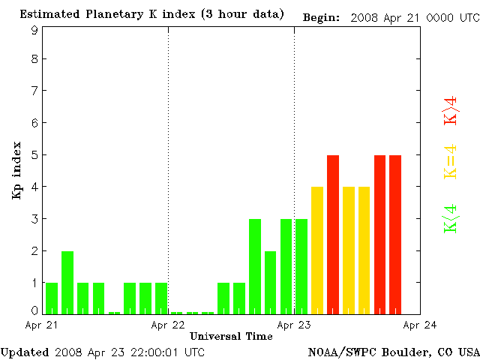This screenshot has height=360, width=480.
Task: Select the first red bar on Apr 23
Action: pos(333,234)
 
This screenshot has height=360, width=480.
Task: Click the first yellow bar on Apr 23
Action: pos(317,250)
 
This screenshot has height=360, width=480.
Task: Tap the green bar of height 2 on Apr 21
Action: pos(67,282)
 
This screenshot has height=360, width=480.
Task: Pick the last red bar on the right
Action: pos(395,234)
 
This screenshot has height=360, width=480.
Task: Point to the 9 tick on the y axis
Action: pos(34,30)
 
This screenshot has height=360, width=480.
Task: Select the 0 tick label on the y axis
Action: pos(34,310)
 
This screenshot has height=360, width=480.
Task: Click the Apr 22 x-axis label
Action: pos(168,325)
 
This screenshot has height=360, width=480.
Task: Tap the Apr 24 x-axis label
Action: pos(420,325)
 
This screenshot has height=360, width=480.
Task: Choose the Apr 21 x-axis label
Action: pos(42,325)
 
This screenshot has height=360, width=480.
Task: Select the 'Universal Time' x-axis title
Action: pos(231,336)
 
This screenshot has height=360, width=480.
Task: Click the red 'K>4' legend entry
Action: pos(451,111)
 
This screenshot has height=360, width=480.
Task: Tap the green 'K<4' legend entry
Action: pos(451,218)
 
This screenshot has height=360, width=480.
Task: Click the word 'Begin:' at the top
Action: pos(322,17)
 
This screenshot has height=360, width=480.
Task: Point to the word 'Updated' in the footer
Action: pos(25,351)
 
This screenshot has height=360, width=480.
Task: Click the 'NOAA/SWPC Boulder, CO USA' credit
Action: pos(393,351)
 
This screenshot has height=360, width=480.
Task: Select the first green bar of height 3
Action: pos(255,266)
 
